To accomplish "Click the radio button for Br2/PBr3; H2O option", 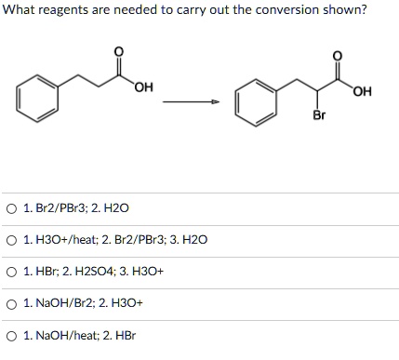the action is (x=11, y=207).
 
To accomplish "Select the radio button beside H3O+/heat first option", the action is (x=11, y=239).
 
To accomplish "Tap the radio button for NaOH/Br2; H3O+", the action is (x=11, y=302).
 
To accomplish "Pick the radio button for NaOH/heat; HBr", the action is (x=11, y=334).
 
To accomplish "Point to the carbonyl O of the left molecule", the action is (x=116, y=48).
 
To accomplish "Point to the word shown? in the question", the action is (x=344, y=10).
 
